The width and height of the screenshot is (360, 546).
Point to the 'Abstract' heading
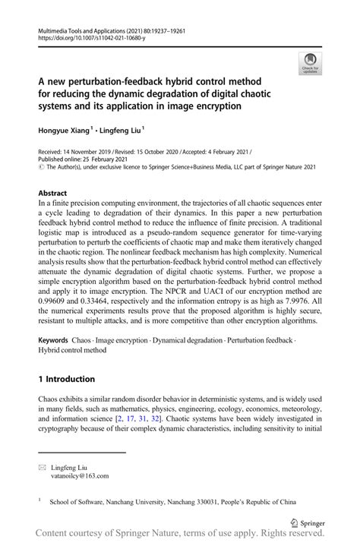click(53, 194)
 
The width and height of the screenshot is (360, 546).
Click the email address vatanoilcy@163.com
click(78, 476)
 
